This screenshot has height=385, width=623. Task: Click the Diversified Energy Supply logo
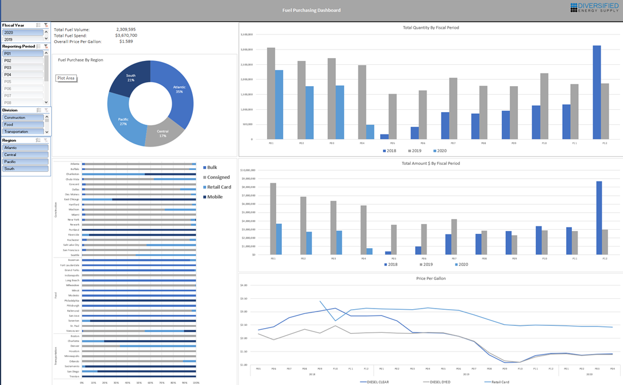pyautogui.click(x=594, y=7)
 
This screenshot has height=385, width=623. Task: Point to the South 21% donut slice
pyautogui.click(x=130, y=79)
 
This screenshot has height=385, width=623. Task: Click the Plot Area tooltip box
pyautogui.click(x=66, y=78)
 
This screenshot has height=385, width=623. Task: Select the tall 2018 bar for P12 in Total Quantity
pyautogui.click(x=597, y=92)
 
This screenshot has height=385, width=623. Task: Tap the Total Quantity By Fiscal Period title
pyautogui.click(x=431, y=28)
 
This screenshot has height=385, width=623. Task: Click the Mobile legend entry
pyautogui.click(x=215, y=197)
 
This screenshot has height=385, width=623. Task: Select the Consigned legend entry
pyautogui.click(x=218, y=178)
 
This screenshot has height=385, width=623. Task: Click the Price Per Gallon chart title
pyautogui.click(x=431, y=278)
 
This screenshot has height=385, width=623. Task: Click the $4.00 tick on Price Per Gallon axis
pyautogui.click(x=243, y=286)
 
